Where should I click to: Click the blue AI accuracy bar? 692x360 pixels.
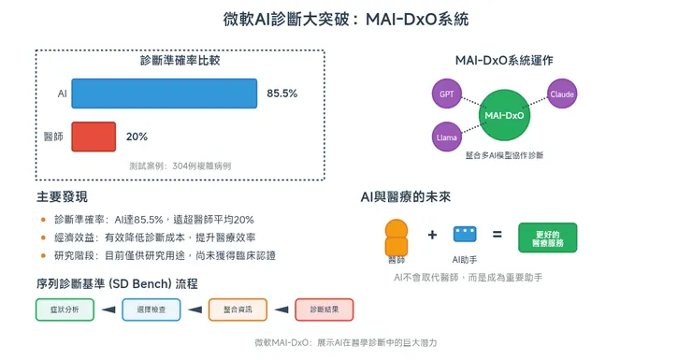(x=164, y=94)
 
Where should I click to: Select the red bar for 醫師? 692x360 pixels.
(x=94, y=137)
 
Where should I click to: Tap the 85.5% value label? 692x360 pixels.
(x=281, y=94)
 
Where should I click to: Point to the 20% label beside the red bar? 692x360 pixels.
(x=137, y=137)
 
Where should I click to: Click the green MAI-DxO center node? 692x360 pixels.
(x=504, y=115)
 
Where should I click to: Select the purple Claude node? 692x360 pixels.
(x=562, y=94)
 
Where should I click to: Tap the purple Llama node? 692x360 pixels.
(x=446, y=137)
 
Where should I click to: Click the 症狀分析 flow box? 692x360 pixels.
(x=65, y=310)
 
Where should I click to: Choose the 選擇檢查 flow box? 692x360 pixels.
(x=151, y=310)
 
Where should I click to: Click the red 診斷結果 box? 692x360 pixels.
(x=324, y=310)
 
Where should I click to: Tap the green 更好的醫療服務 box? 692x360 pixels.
(x=547, y=238)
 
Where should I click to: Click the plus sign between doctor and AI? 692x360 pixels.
(x=432, y=236)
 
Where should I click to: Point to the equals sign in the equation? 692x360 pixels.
(x=497, y=236)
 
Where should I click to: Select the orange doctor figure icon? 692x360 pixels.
(x=396, y=238)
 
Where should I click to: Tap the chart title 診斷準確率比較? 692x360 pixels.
(x=180, y=61)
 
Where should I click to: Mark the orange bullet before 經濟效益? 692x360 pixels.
(x=43, y=238)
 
